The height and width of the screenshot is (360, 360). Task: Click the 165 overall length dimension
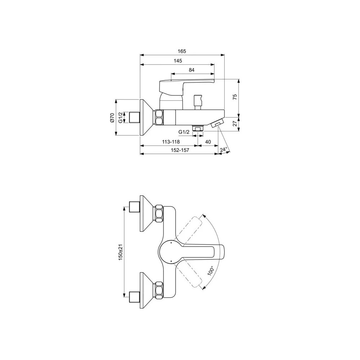[x=182, y=51]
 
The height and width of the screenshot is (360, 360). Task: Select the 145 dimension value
[x=178, y=61]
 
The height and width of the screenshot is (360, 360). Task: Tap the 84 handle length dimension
[x=192, y=70]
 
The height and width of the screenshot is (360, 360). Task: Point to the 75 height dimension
[x=235, y=97]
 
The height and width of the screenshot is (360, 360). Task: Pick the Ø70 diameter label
[x=112, y=118]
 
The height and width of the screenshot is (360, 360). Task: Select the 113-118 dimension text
[x=171, y=142]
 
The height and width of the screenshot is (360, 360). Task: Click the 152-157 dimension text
[x=180, y=150]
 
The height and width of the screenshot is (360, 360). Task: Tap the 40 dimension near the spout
[x=208, y=142]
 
